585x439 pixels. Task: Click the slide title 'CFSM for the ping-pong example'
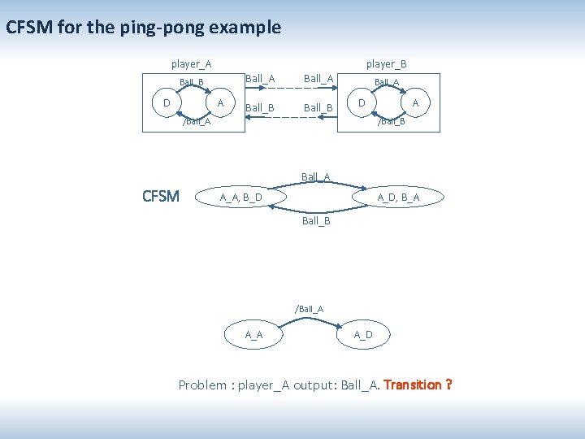pyautogui.click(x=143, y=28)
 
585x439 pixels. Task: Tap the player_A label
pyautogui.click(x=192, y=63)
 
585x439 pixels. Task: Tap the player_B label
pyautogui.click(x=386, y=63)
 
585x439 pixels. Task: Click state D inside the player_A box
pyautogui.click(x=167, y=102)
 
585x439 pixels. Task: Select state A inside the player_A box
pyautogui.click(x=221, y=102)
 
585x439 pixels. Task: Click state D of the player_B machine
pyautogui.click(x=362, y=102)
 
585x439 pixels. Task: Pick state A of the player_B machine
pyautogui.click(x=416, y=102)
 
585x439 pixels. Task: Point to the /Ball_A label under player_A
pyautogui.click(x=197, y=122)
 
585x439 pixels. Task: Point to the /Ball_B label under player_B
pyautogui.click(x=392, y=122)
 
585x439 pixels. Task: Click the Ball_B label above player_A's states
pyautogui.click(x=192, y=82)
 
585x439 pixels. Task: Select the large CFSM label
pyautogui.click(x=161, y=196)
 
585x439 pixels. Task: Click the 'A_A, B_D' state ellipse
pyautogui.click(x=241, y=198)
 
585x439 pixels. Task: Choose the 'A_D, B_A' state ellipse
pyautogui.click(x=399, y=198)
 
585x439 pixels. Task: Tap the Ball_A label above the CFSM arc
pyautogui.click(x=316, y=176)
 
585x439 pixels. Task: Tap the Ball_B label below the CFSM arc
pyautogui.click(x=316, y=220)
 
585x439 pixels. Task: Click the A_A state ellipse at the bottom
pyautogui.click(x=254, y=335)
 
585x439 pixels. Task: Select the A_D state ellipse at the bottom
pyautogui.click(x=363, y=335)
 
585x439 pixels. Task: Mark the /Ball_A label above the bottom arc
pyautogui.click(x=309, y=309)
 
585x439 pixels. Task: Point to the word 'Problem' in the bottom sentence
pyautogui.click(x=203, y=385)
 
